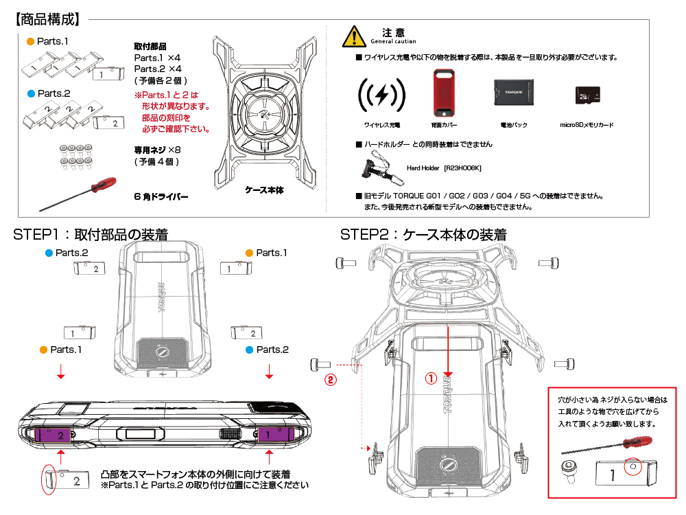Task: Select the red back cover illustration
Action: [444, 93]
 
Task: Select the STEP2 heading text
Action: [423, 235]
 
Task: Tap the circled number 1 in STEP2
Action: [431, 378]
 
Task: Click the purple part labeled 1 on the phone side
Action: [274, 433]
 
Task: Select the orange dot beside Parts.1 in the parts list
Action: [30, 41]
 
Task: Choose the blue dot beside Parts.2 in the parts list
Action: [30, 93]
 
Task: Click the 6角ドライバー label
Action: [161, 197]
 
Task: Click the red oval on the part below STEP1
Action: [49, 481]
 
